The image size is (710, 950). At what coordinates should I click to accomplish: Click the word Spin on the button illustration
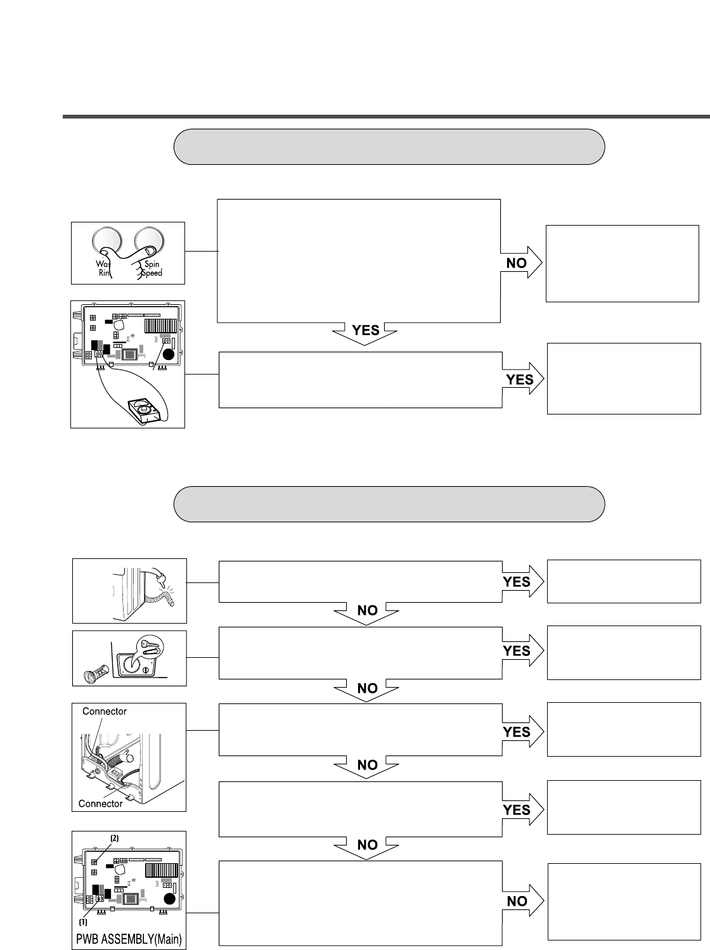(x=152, y=264)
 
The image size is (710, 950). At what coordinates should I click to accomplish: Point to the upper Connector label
(x=105, y=712)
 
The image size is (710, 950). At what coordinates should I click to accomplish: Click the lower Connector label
(x=100, y=804)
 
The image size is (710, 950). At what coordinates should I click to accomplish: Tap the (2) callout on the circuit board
(x=115, y=838)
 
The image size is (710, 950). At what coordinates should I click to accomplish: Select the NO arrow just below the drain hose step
(x=368, y=612)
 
